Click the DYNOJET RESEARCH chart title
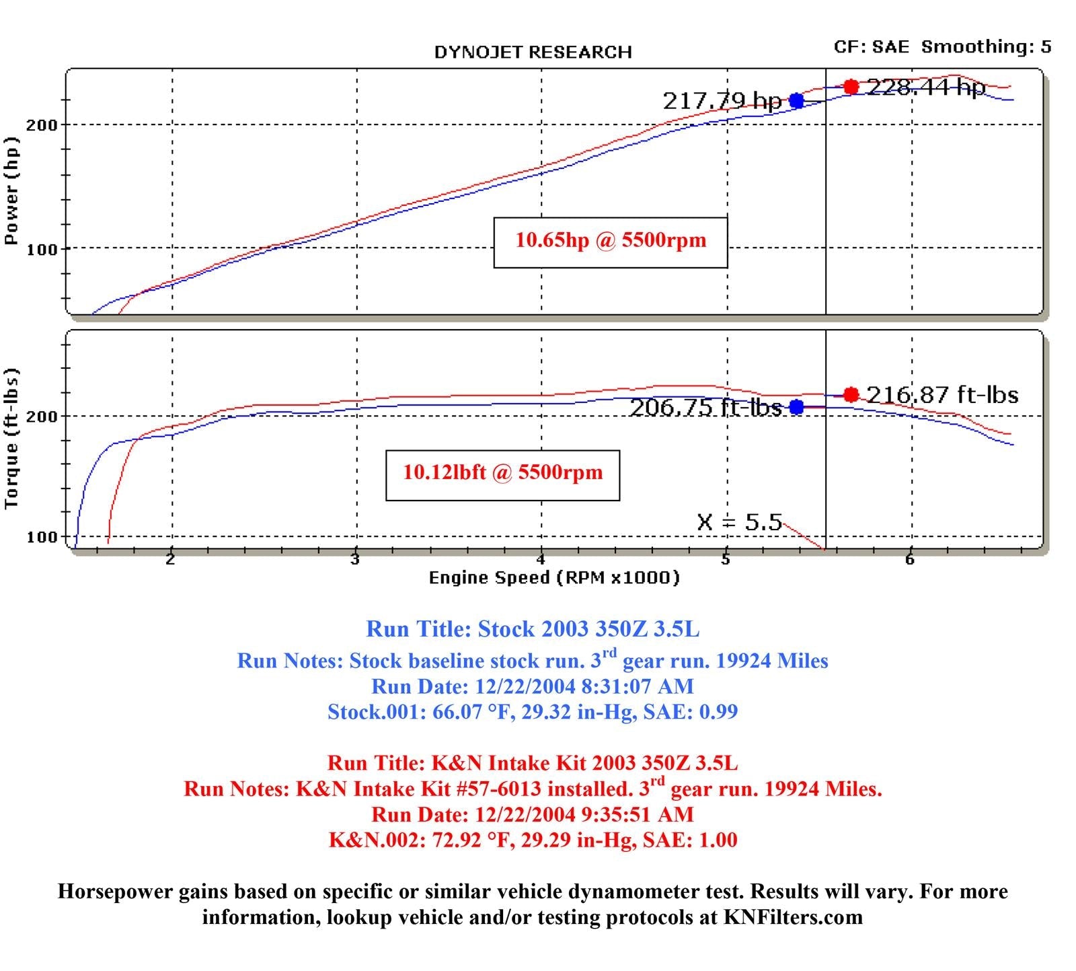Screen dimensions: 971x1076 click(x=533, y=52)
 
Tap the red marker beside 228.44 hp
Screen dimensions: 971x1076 click(x=851, y=87)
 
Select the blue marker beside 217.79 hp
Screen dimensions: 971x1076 click(x=796, y=101)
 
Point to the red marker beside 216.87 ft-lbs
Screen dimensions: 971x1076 click(x=851, y=394)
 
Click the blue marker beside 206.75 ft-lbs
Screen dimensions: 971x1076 click(x=796, y=407)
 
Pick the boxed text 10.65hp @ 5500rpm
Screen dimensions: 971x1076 click(x=611, y=242)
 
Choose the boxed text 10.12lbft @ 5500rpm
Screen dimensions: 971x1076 click(x=502, y=473)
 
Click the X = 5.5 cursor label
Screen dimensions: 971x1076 click(x=739, y=522)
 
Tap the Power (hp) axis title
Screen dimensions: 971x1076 click(x=11, y=190)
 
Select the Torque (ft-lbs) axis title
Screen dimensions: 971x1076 click(x=11, y=439)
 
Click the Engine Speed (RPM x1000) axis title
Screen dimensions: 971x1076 click(x=554, y=577)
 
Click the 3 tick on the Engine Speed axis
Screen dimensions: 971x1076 click(x=354, y=559)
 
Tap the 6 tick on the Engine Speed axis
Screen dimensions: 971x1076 click(x=909, y=559)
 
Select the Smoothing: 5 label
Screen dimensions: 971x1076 click(x=986, y=47)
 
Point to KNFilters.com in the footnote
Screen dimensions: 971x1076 click(x=793, y=917)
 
